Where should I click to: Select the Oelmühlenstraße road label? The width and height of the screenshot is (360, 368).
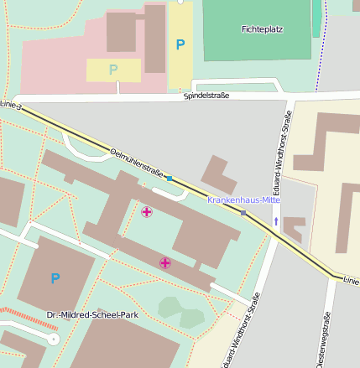point(137,162)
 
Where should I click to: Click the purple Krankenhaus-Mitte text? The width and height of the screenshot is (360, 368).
point(243,200)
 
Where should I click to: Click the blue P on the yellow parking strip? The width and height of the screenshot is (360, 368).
point(180,44)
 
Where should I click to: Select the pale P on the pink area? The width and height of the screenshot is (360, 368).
point(113,69)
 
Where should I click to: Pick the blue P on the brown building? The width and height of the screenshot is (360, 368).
point(55,278)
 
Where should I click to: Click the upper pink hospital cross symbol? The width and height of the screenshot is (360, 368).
point(147,211)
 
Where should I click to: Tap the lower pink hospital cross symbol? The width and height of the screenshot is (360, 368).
point(165,263)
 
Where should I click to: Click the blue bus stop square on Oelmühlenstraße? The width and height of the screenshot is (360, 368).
point(170,179)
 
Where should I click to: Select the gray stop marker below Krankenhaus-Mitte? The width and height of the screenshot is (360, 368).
point(243,213)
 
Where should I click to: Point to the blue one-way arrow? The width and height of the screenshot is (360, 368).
point(276,221)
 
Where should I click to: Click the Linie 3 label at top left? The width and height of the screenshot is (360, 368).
point(8,106)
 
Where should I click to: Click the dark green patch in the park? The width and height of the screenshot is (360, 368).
point(181,312)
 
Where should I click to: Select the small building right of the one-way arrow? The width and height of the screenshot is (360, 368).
point(295,228)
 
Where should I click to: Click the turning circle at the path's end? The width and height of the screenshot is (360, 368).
point(53,339)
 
